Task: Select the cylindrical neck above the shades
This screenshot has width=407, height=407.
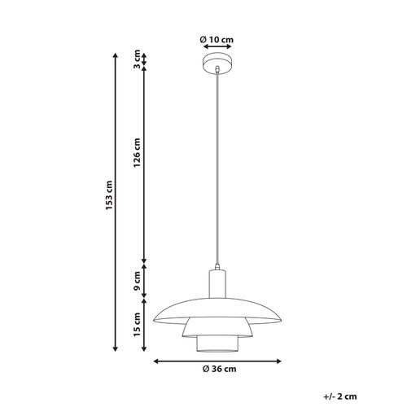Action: click(217, 284)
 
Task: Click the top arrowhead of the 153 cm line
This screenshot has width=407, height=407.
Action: click(115, 54)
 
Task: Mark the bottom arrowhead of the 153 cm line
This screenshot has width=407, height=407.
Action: click(115, 352)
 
